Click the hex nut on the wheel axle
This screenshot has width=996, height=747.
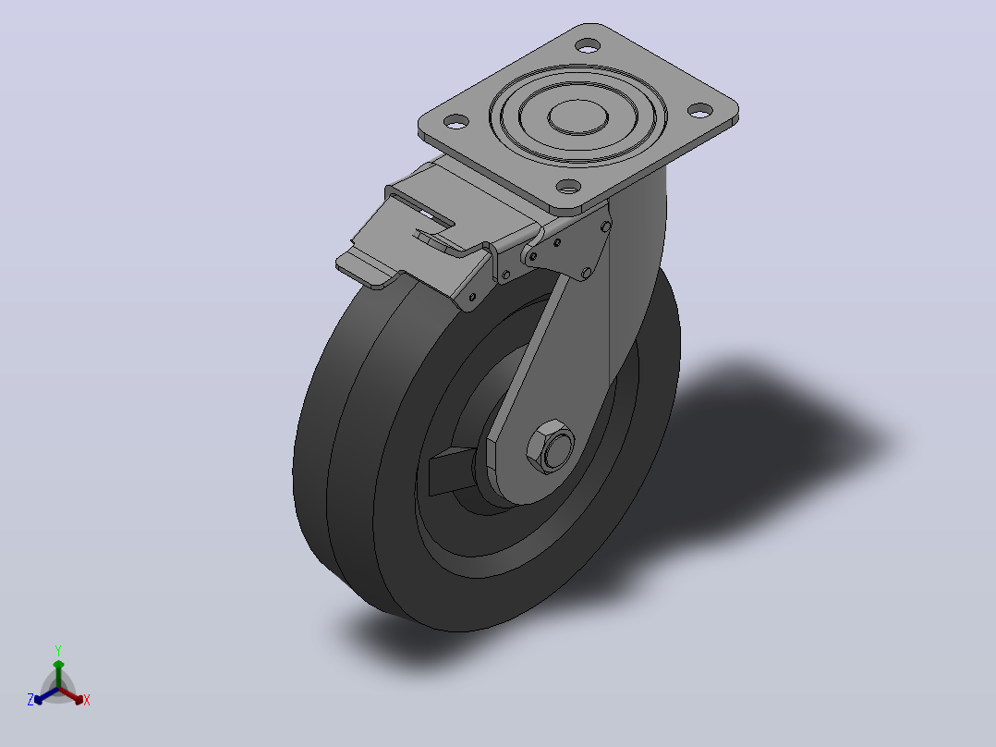tap(550, 447)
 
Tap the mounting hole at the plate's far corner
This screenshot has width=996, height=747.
tap(587, 46)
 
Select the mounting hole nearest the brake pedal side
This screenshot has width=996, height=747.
tap(455, 121)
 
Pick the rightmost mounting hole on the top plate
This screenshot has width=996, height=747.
tap(699, 111)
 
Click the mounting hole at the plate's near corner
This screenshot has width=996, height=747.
tap(568, 187)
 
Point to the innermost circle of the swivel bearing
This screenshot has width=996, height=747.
tap(578, 117)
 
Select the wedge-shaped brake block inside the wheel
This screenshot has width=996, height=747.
tap(452, 471)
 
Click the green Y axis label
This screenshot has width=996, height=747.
tap(58, 650)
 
